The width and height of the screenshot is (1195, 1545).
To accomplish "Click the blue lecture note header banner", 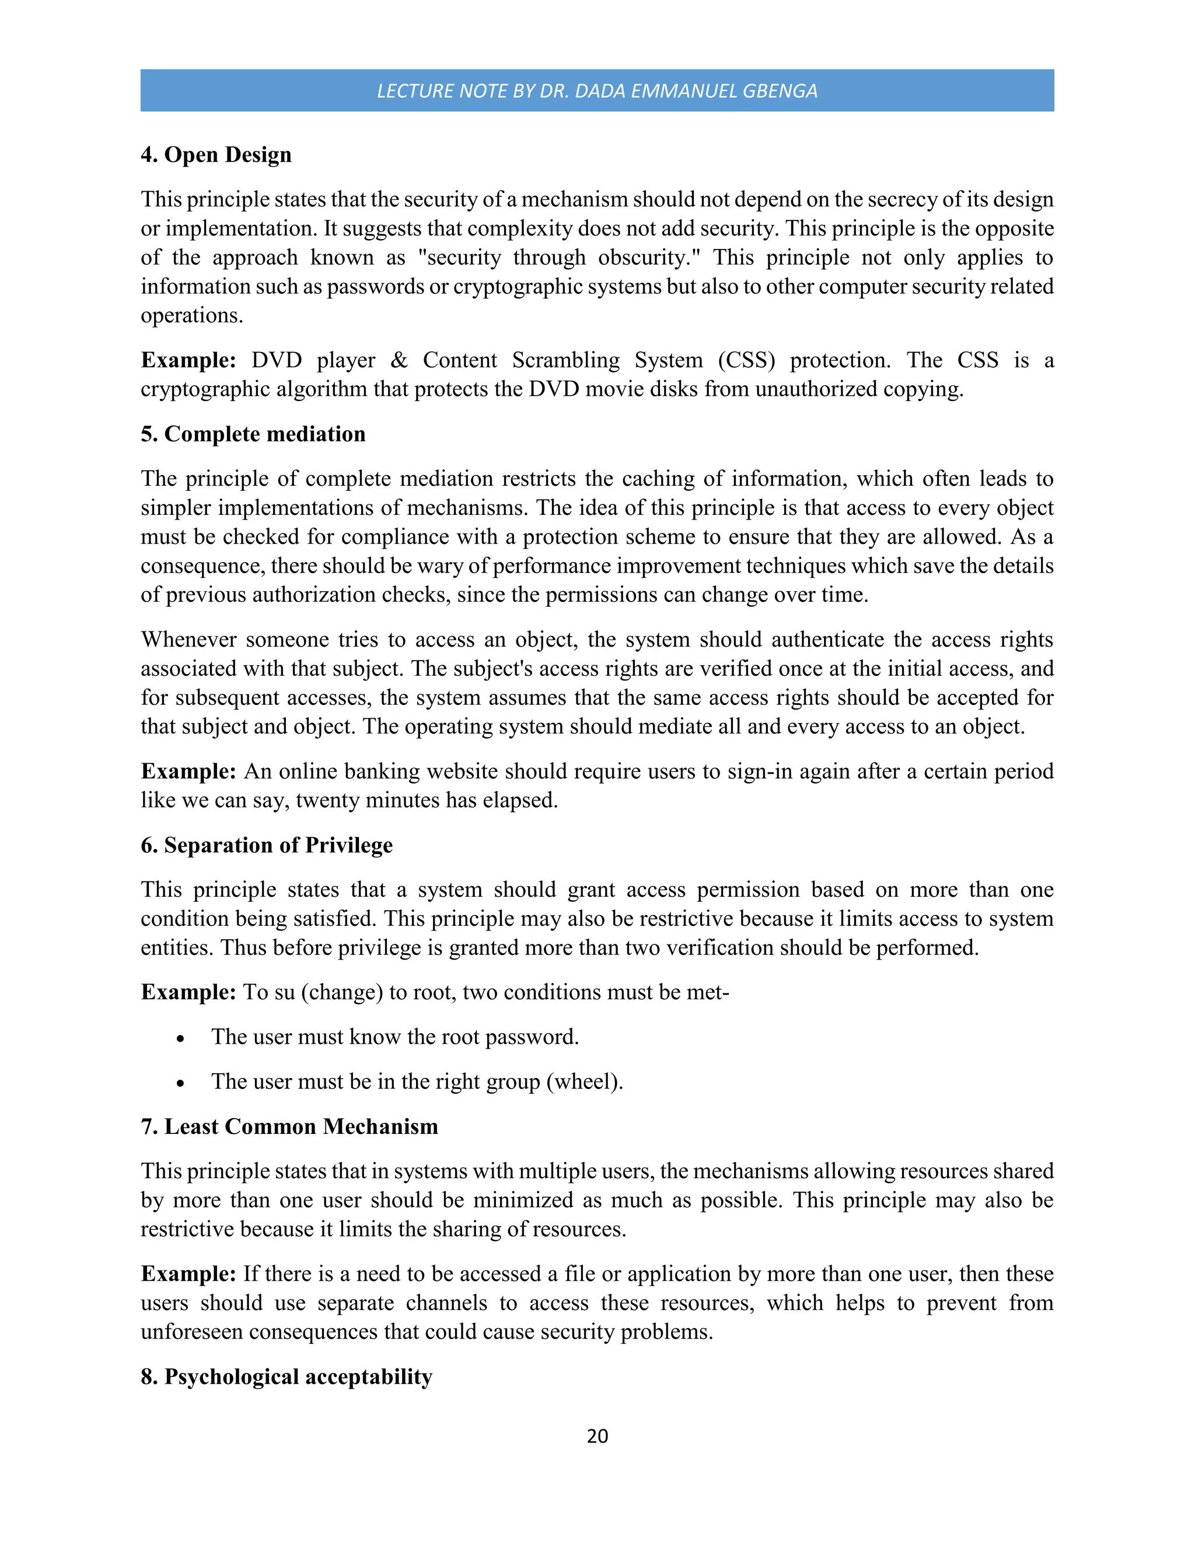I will tap(597, 90).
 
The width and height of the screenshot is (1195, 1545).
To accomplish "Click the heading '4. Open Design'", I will tap(216, 154).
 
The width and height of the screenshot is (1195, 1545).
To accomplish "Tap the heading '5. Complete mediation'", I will tap(253, 434).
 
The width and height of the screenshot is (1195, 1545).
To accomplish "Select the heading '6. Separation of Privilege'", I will tap(266, 845).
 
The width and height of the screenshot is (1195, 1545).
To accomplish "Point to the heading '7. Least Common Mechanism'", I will tap(289, 1126).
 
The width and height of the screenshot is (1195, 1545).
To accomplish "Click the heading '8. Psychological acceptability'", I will tap(286, 1377).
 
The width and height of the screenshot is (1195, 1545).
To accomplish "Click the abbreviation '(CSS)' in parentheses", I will tap(746, 360).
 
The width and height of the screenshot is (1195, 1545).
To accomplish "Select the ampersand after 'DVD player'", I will tap(399, 360).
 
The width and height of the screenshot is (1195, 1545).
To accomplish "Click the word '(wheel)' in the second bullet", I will tap(585, 1081).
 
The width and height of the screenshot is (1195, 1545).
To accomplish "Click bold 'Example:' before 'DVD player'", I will tap(188, 360).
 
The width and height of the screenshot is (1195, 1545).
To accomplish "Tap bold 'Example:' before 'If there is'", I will tap(188, 1274).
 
